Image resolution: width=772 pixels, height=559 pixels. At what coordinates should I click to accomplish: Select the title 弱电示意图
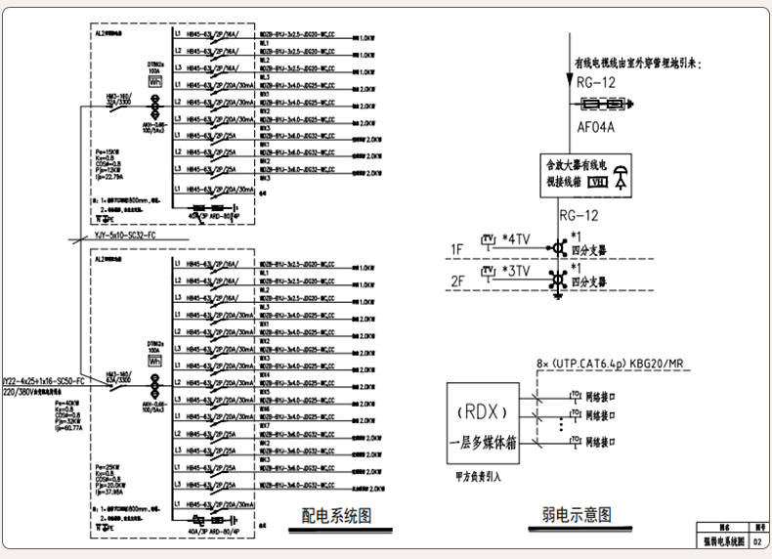pyautogui.click(x=577, y=515)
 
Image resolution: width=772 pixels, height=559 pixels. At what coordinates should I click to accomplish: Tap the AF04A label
pyautogui.click(x=596, y=127)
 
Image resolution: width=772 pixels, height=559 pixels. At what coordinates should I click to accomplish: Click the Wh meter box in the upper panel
pyautogui.click(x=154, y=84)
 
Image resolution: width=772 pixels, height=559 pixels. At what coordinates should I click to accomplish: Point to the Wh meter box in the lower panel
pyautogui.click(x=154, y=362)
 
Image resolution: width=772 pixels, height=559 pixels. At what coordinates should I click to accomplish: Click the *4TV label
pyautogui.click(x=516, y=239)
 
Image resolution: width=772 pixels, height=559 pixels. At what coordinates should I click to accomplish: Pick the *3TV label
pyautogui.click(x=516, y=271)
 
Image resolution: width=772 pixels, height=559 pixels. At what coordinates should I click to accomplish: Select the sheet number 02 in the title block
pyautogui.click(x=756, y=540)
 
